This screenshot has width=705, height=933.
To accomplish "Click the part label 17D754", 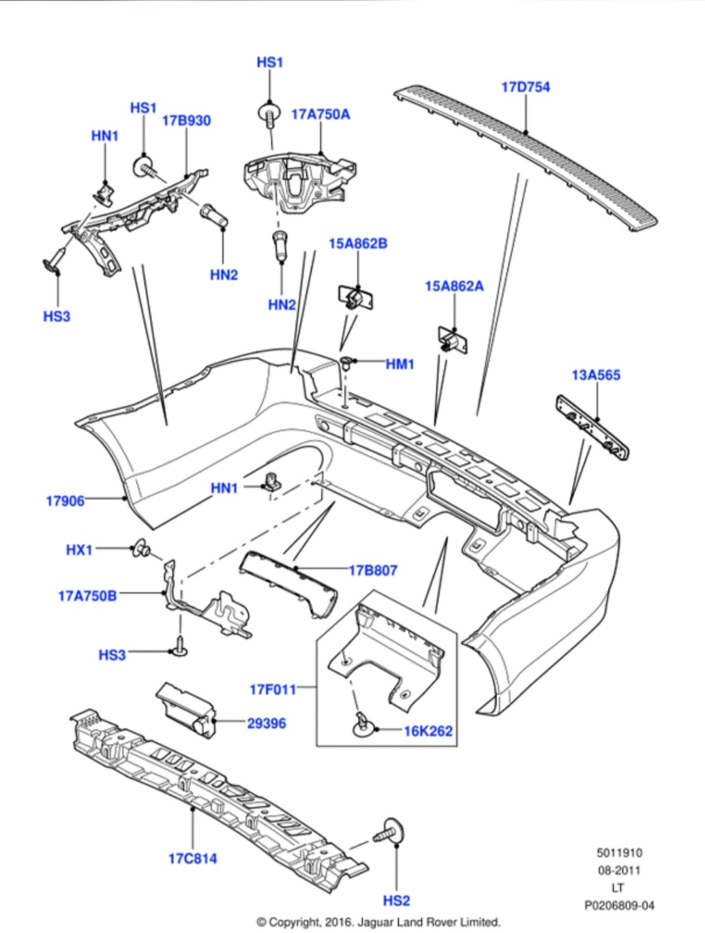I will pos(525,87).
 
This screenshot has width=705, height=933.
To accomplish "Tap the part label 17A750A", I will pos(320,114).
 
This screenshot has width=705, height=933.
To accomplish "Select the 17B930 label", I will pos(186,121).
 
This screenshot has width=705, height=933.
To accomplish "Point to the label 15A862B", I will pos(358,243).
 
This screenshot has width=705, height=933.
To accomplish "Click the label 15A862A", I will pos(454,286).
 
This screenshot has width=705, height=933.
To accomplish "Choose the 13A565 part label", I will pos(596,375).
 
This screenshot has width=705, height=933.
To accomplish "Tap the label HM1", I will pos(400,365).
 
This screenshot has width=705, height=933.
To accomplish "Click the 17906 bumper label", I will pos(65,501).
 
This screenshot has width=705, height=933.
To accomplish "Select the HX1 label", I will pos(79,549).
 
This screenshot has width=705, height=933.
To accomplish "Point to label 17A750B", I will pos(87,596).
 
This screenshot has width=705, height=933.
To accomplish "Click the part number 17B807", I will pos(373,570).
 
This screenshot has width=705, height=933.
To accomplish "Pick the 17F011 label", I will pos(273,690).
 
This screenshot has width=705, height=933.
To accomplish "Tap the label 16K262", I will pos(428,731).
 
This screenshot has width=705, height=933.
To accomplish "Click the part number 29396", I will pos(266,723).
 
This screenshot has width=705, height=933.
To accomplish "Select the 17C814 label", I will pos(193,859).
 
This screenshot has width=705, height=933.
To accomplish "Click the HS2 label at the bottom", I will pos(396,901).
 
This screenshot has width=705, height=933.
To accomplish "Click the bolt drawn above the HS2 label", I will pos(390,833).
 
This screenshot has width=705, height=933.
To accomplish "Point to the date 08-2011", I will pos(619,870).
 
